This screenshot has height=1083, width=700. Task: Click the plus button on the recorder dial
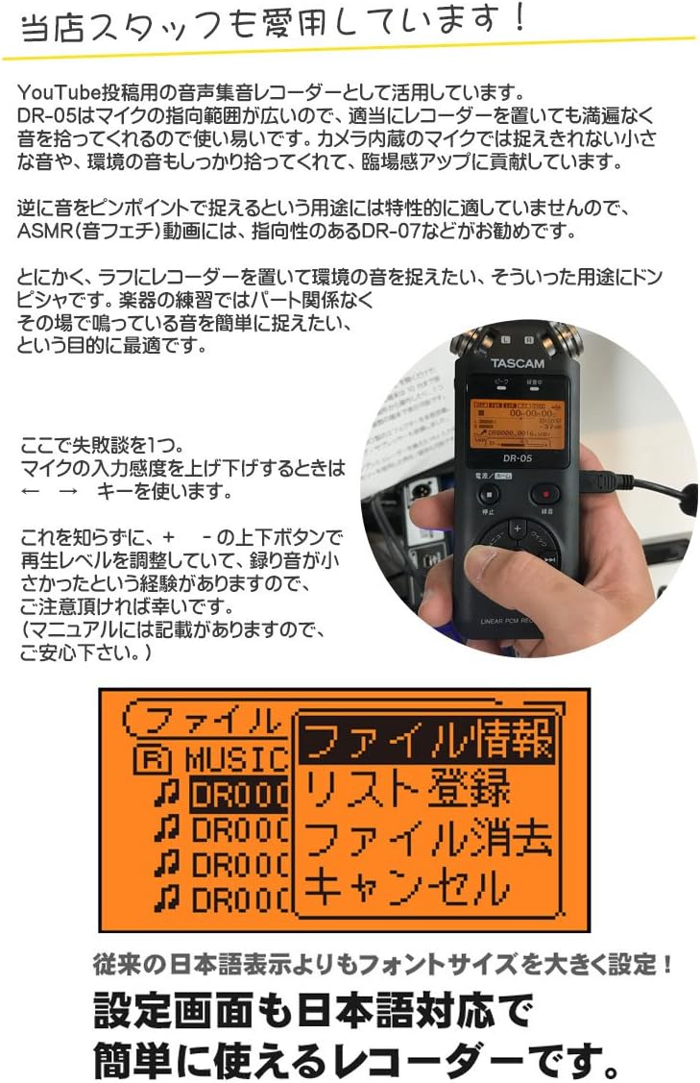[517, 528]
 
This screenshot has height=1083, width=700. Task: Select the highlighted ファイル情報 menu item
[426, 741]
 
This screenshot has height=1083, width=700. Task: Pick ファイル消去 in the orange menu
[426, 838]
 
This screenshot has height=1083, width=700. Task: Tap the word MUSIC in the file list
[236, 760]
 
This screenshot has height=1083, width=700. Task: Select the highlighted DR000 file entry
[239, 796]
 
